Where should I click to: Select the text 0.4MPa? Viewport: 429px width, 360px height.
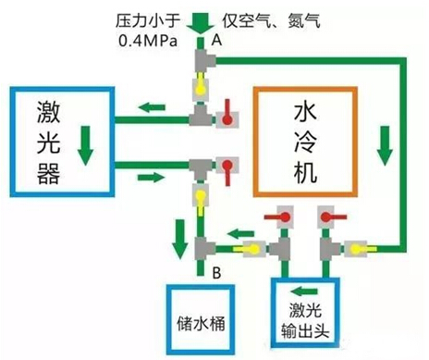(146, 42)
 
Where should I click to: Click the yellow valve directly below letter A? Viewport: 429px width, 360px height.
(201, 87)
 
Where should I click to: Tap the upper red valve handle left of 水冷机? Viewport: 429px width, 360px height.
(225, 118)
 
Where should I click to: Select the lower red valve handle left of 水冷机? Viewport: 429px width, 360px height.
(227, 168)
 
